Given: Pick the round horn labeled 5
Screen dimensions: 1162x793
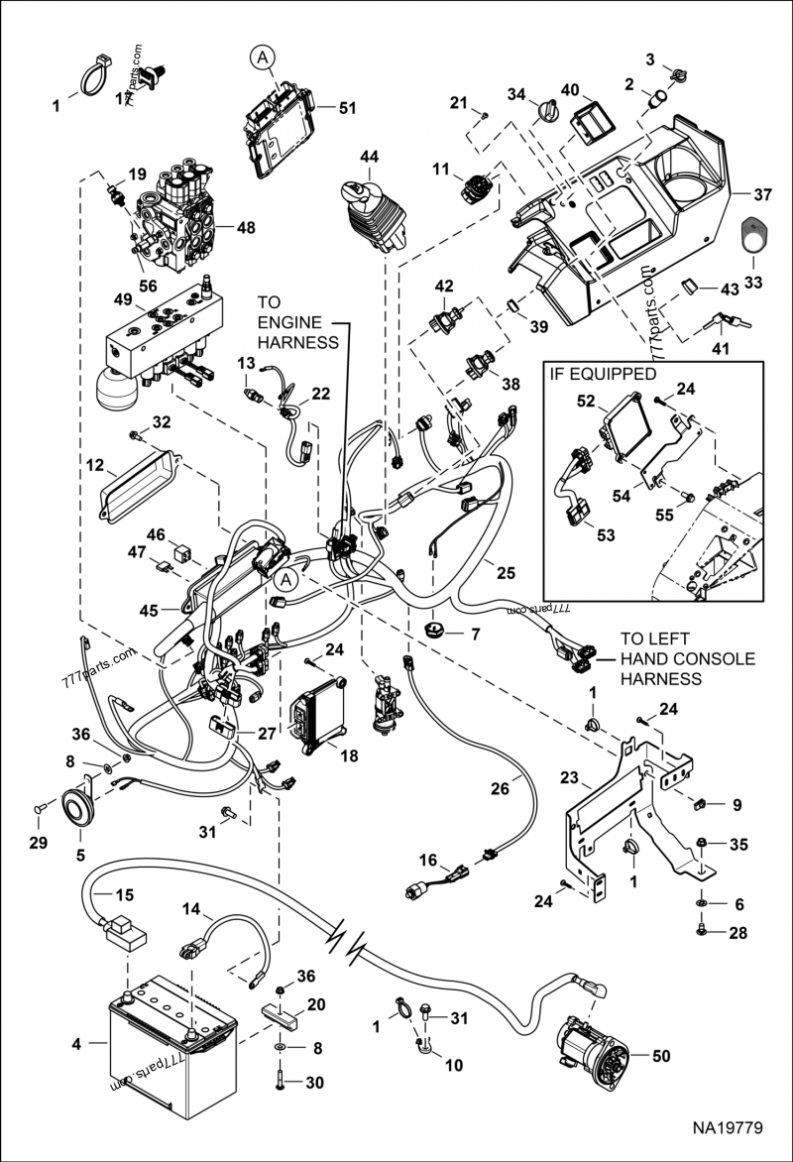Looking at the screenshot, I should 76,803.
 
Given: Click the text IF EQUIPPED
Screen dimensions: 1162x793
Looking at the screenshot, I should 602,375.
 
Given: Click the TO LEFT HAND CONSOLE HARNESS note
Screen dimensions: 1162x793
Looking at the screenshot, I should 687,658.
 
